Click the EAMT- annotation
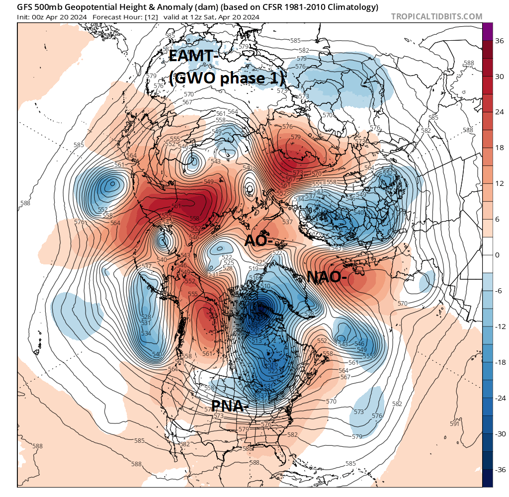click(x=194, y=56)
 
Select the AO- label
click(x=258, y=240)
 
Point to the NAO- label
click(x=327, y=277)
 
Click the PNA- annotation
click(x=230, y=406)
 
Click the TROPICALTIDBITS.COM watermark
click(x=436, y=16)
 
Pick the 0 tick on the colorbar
click(x=498, y=255)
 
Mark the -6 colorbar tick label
click(x=499, y=291)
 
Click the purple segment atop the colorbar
click(x=488, y=31)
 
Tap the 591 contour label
click(x=454, y=423)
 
